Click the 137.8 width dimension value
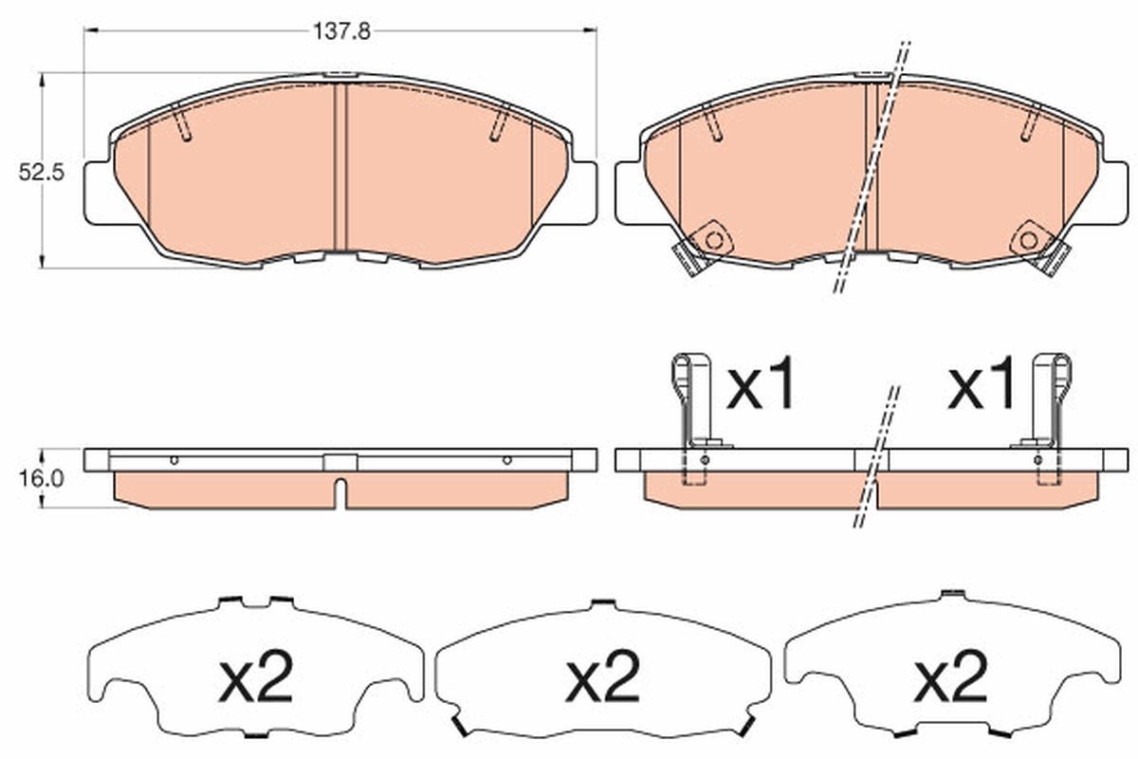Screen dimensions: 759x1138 pos(340,29)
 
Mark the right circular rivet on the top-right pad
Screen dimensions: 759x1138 pos(1031,239)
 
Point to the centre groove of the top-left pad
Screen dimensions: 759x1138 pos(341,166)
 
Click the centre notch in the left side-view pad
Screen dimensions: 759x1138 pos(341,493)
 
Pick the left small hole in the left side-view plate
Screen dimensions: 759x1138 pos(174,460)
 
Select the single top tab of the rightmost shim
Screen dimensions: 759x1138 pos(951,596)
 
